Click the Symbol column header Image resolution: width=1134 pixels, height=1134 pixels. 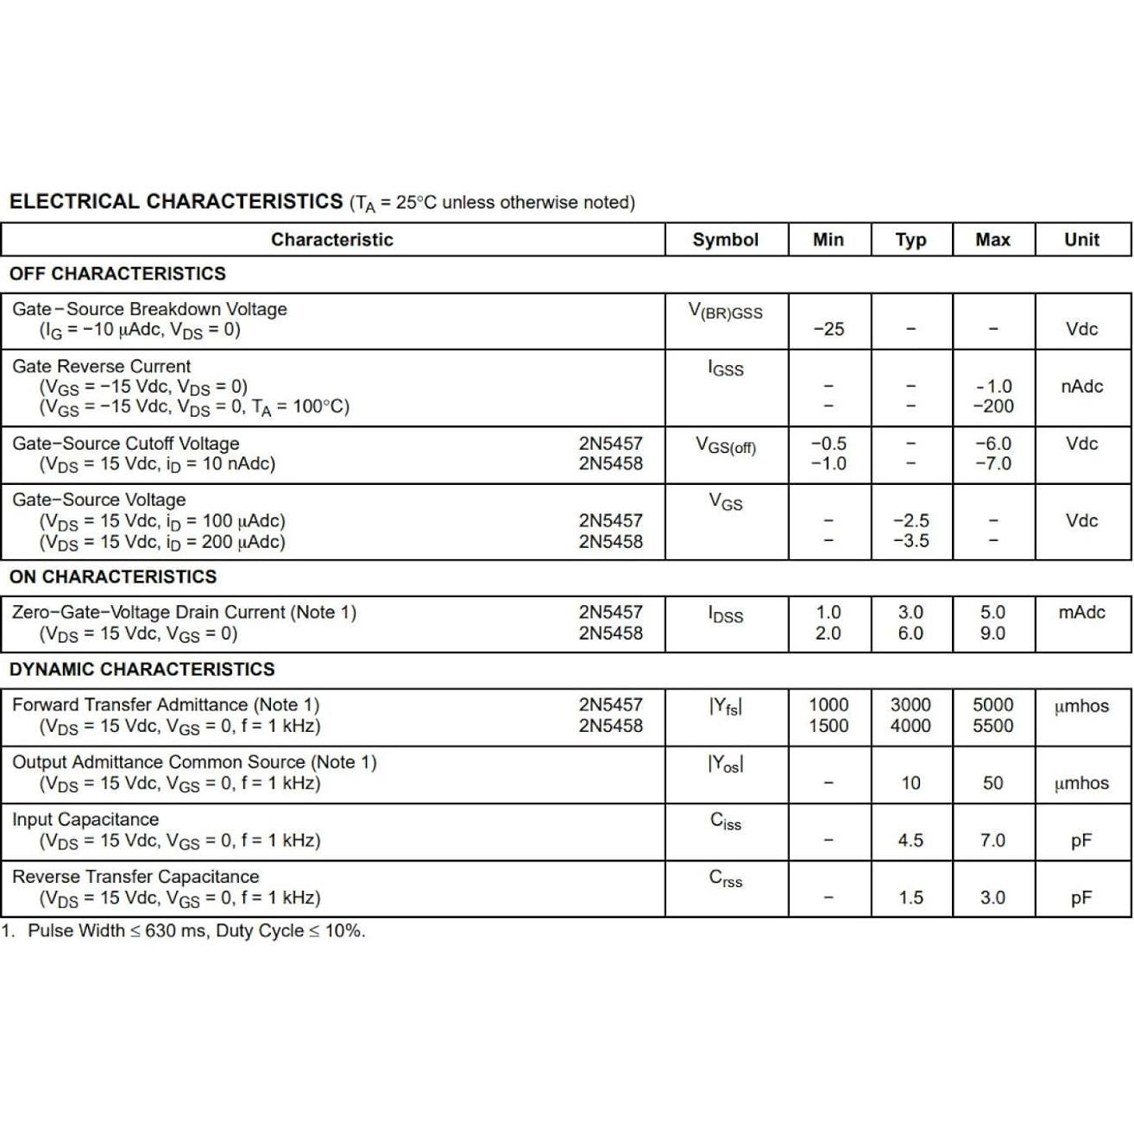(725, 240)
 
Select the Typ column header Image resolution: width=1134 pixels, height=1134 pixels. (910, 240)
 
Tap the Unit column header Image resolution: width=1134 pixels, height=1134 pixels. (1081, 240)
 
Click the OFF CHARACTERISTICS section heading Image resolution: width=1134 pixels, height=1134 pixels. (117, 274)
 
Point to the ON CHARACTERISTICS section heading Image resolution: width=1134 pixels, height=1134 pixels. (113, 576)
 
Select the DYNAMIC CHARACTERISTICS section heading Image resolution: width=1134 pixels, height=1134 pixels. (142, 669)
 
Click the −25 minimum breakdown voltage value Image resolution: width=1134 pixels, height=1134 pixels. (828, 329)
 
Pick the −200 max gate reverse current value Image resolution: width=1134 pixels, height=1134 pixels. (992, 406)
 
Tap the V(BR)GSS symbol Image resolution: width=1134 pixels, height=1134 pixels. (725, 312)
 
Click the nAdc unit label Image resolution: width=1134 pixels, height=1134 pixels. (1081, 386)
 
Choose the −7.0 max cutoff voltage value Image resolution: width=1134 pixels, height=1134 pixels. (992, 463)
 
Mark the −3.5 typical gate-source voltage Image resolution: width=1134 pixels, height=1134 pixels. (910, 541)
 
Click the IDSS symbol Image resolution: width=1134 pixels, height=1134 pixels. (725, 614)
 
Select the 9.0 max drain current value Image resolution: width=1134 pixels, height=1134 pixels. (992, 633)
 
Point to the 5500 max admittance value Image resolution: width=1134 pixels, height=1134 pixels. (992, 726)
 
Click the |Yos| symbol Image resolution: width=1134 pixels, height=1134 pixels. (725, 764)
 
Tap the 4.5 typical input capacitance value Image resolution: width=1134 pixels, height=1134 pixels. (910, 841)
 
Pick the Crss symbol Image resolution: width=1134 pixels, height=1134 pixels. (725, 879)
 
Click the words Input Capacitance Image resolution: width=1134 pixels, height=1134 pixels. (85, 819)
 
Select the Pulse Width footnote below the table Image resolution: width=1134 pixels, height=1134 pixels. (183, 931)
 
